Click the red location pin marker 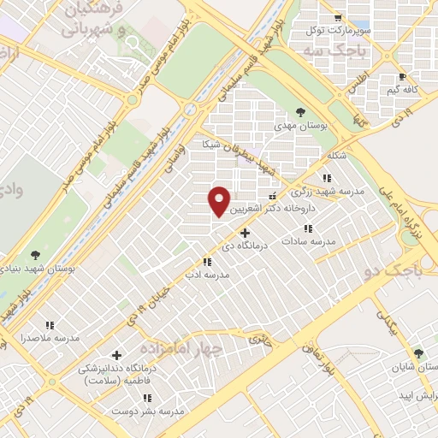[x=220, y=201]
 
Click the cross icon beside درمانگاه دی [x=246, y=232]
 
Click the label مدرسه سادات [x=310, y=242]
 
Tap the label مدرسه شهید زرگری [x=338, y=192]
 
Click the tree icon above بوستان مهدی [x=300, y=111]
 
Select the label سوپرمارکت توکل [x=340, y=30]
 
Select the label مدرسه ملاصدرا [x=50, y=338]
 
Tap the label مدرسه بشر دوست [x=149, y=411]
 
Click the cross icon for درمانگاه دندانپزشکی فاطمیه [x=117, y=354]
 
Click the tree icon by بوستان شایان [x=418, y=352]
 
